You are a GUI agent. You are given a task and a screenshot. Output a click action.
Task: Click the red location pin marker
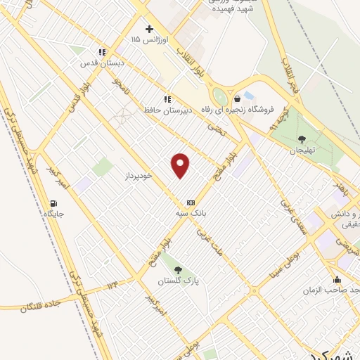(x=181, y=165)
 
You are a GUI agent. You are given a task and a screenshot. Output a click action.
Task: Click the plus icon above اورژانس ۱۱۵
(x=148, y=29)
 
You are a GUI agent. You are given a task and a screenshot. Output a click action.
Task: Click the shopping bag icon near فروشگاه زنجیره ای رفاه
(x=238, y=98)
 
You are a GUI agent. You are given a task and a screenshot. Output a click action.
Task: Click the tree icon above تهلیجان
(x=302, y=139)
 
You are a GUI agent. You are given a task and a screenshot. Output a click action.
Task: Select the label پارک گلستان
(x=178, y=281)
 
